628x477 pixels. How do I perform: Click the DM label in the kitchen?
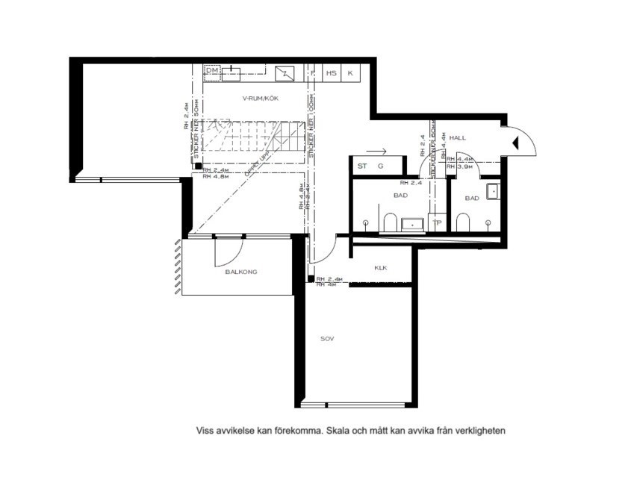coord(211,70)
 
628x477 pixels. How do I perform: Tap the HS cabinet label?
coord(331,73)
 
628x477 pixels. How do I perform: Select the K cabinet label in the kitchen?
coord(350,73)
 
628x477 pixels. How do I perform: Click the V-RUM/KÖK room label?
coord(260,99)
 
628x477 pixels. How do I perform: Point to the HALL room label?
coord(458,138)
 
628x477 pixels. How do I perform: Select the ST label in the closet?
coord(362,166)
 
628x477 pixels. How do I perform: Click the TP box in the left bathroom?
coord(437,222)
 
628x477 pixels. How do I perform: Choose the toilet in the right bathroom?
coord(462,222)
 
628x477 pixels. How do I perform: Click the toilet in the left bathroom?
coord(390,222)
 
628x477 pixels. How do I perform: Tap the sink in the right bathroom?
coord(492,191)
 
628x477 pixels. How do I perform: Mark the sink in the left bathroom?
coord(411,223)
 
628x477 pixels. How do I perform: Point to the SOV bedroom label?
coord(326,338)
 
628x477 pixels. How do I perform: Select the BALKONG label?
coord(241,272)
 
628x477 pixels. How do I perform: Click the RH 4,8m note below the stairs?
coord(215,177)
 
